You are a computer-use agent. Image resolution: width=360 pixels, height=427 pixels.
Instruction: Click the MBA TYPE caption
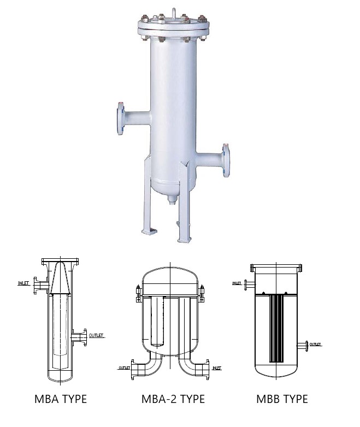pos(61,399)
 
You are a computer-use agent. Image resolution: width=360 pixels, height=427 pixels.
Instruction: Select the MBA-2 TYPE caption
pos(173,399)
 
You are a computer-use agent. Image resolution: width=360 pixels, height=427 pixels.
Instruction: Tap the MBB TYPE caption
pos(282,399)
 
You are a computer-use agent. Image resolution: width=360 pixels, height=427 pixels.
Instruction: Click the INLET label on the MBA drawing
pos(23,283)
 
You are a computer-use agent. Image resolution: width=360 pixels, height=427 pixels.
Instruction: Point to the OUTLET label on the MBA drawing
pos(96,335)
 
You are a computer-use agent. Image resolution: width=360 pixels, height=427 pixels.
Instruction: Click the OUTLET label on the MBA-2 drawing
pos(124,368)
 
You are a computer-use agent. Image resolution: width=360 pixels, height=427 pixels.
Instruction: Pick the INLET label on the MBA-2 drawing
pos(217,368)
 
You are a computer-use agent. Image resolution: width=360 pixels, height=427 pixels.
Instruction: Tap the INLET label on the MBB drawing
pos(237,283)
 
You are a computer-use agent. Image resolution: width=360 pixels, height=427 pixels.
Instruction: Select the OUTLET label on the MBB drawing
pos(315,345)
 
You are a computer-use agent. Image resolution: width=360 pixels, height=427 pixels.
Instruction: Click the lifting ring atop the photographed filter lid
pos(174,13)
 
